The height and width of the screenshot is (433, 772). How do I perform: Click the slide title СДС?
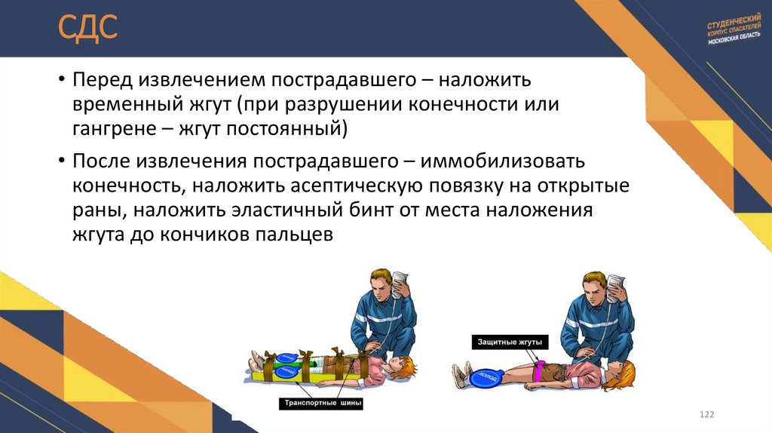[x=89, y=29]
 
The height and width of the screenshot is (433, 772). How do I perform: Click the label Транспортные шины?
[x=322, y=404]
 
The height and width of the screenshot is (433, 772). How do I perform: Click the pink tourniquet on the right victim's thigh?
[x=538, y=370]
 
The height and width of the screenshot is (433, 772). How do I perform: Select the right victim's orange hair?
[x=626, y=373]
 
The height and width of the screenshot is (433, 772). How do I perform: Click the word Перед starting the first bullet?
[x=100, y=78]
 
